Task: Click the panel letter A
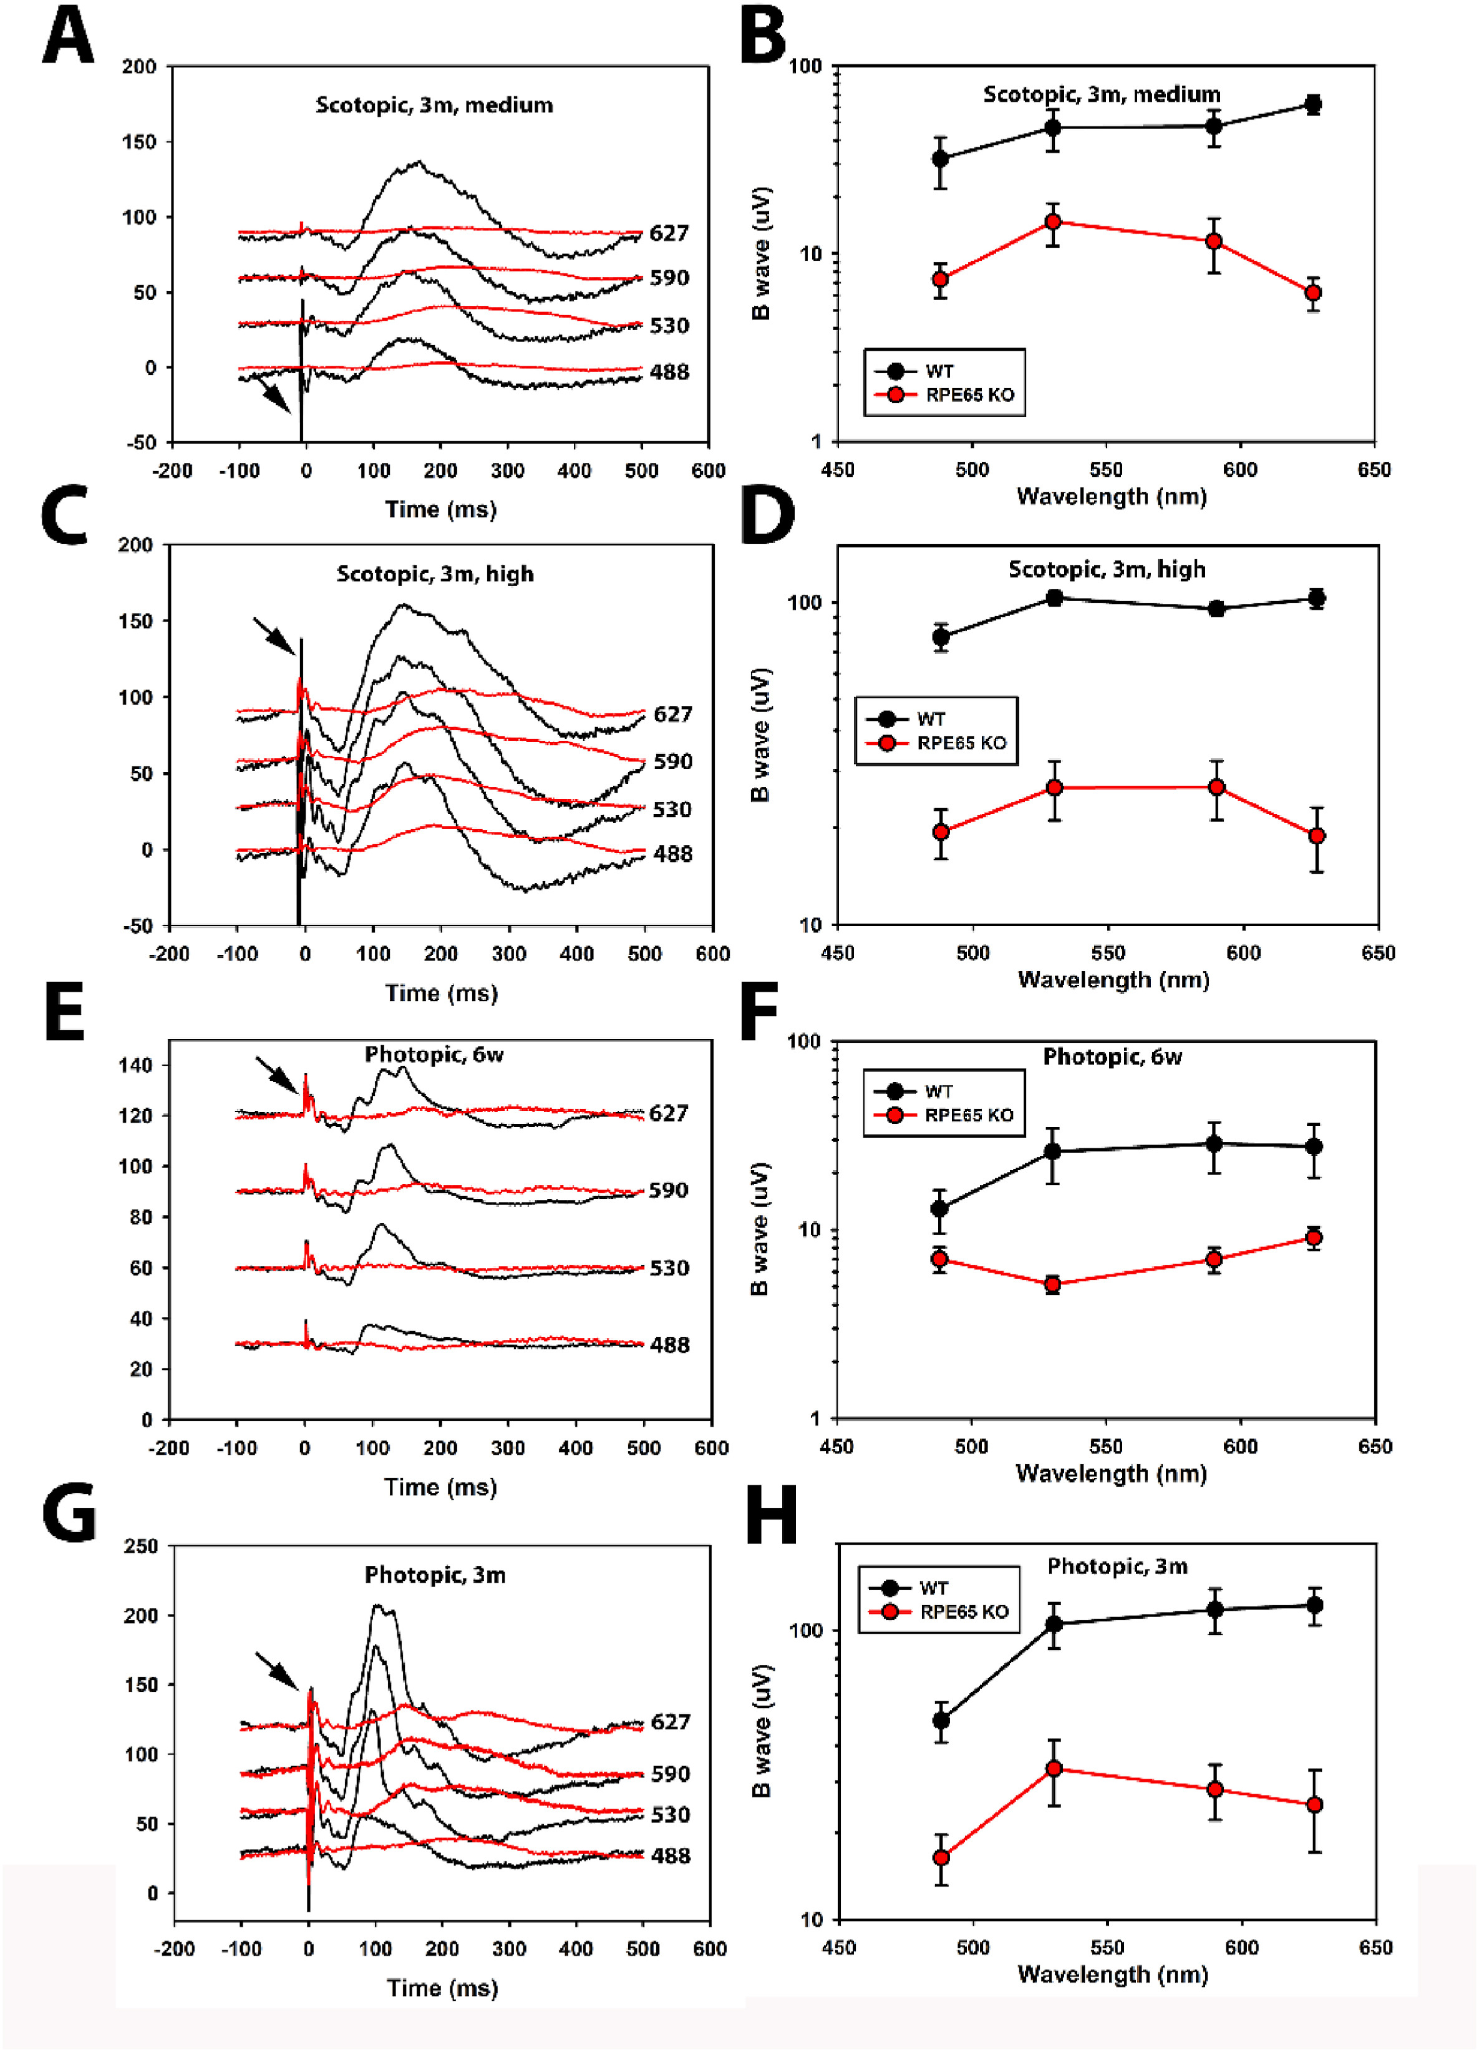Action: tap(68, 36)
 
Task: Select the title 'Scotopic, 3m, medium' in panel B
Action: tap(1101, 94)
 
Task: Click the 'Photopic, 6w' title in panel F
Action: tap(1112, 1057)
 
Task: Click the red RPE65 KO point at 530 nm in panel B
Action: tap(1053, 222)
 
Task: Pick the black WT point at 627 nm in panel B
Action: tap(1312, 104)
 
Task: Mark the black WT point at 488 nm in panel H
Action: tap(941, 1720)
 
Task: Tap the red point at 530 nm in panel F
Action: tap(1052, 1284)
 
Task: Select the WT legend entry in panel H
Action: tap(934, 1588)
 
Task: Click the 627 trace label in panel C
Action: tap(672, 714)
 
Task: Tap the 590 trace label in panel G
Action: tap(671, 1772)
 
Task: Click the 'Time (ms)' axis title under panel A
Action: tap(440, 509)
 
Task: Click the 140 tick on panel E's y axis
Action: tap(136, 1065)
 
